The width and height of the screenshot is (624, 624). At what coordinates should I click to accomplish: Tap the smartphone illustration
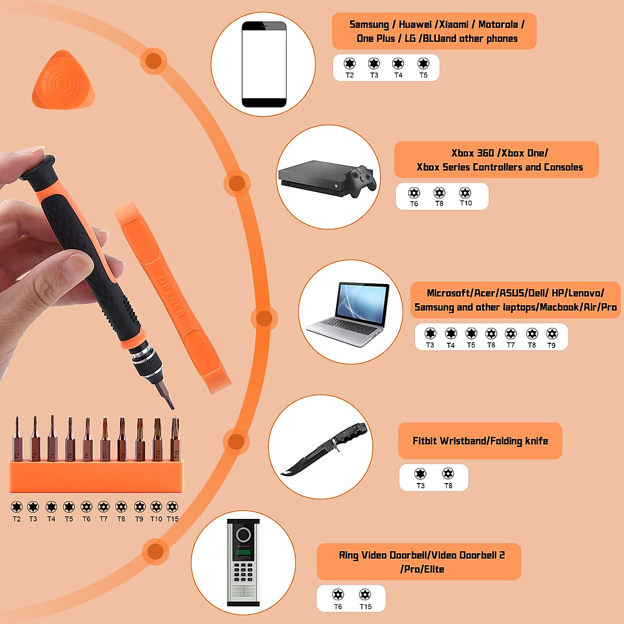coord(264,64)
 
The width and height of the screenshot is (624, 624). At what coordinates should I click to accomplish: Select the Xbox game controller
coord(362,180)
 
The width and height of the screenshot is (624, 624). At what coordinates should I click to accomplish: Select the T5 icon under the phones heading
coord(423,64)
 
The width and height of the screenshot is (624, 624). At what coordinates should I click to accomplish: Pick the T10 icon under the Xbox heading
coord(465,193)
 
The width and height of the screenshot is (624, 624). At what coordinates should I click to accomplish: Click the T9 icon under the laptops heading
coord(551,334)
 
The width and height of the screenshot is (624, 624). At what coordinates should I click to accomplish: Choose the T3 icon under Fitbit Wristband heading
coord(420,474)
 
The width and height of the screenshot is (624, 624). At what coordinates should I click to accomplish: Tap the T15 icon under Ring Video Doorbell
coord(365,594)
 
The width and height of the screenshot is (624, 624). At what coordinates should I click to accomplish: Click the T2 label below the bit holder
coord(17,519)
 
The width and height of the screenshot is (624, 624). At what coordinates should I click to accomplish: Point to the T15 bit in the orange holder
coord(176,439)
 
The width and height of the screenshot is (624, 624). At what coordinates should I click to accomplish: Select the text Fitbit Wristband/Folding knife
coord(480,441)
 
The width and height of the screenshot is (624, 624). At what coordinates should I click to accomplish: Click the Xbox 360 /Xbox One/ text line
coord(499,153)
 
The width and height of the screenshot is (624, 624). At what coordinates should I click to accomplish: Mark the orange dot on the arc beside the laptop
coord(264,318)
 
